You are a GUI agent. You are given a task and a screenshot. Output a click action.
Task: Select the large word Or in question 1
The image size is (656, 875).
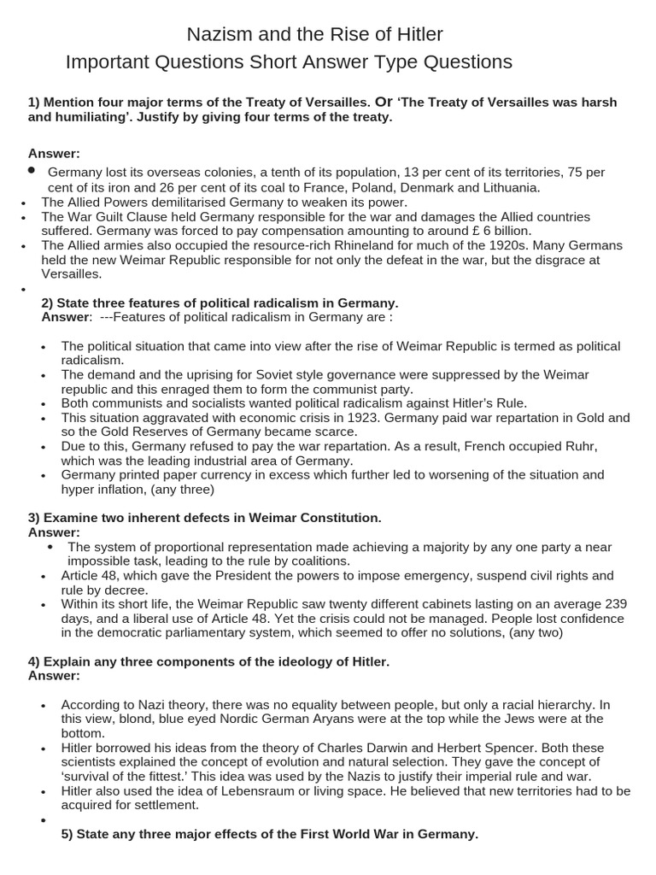[x=384, y=102]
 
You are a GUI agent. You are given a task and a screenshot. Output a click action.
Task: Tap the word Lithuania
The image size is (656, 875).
[x=508, y=187]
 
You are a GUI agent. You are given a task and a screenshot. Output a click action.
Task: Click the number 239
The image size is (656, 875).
[x=615, y=604]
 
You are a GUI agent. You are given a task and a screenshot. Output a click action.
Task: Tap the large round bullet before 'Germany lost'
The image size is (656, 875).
[x=32, y=171]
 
